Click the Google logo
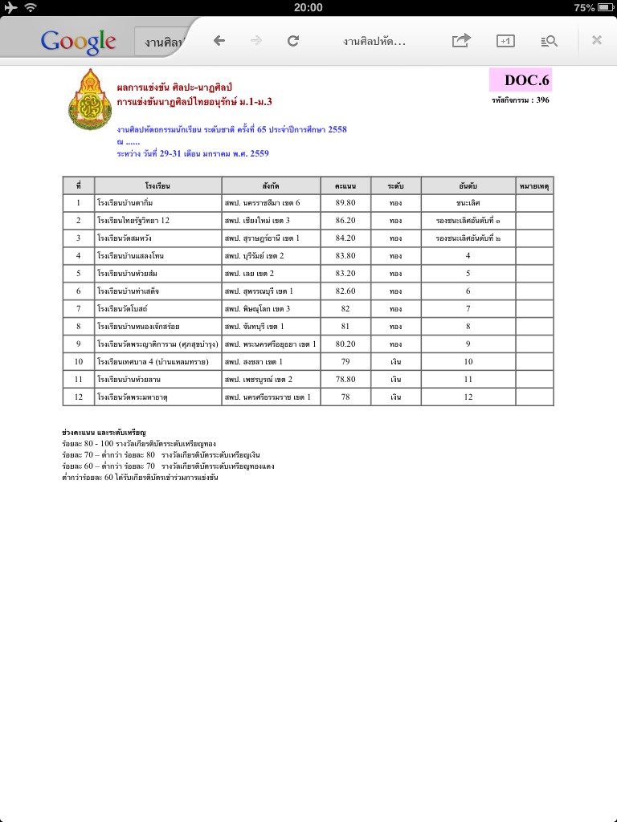click(78, 41)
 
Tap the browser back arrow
click(219, 41)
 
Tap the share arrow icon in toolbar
click(460, 41)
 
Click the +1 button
click(505, 41)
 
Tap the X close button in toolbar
click(596, 41)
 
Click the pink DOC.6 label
click(521, 80)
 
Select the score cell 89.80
click(345, 203)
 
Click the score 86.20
click(345, 221)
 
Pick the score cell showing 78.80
click(345, 379)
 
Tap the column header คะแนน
click(345, 186)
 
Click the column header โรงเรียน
click(157, 186)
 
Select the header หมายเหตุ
click(534, 186)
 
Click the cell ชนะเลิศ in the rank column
click(468, 203)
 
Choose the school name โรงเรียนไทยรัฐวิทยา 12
click(133, 221)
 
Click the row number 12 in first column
click(79, 397)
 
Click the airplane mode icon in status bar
click(10, 7)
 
